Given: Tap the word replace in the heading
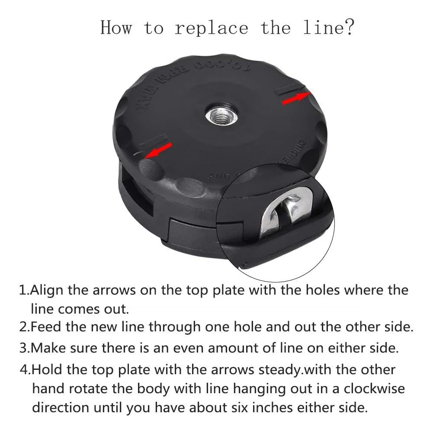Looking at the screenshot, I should [x=211, y=28].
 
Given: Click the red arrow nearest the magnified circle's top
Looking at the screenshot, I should [x=296, y=98].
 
